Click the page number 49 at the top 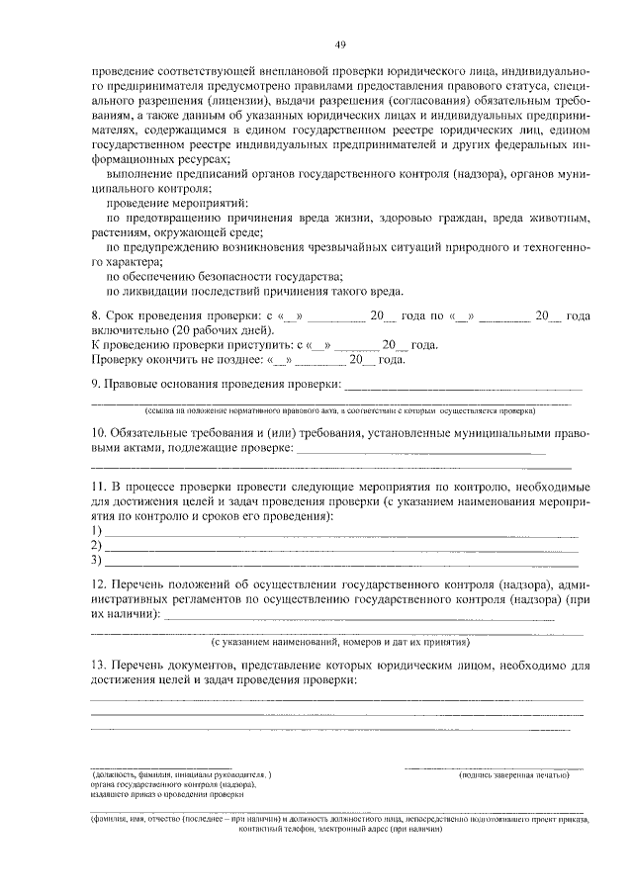pyautogui.click(x=339, y=44)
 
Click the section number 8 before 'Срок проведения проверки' pyautogui.click(x=94, y=315)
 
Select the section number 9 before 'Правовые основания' pyautogui.click(x=94, y=384)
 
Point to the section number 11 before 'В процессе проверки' pyautogui.click(x=97, y=489)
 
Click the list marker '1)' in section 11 pyautogui.click(x=96, y=531)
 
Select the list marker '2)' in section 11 pyautogui.click(x=96, y=546)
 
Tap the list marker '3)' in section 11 pyautogui.click(x=96, y=561)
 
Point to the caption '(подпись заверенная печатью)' pyautogui.click(x=512, y=774)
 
